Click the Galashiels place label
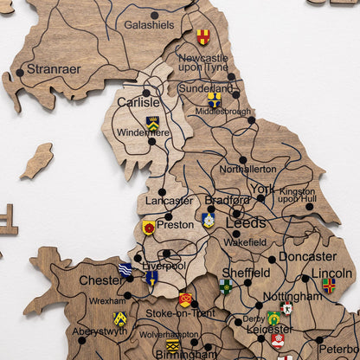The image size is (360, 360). [149, 25]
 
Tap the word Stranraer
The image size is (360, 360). [55, 68]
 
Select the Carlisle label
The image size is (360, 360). [138, 102]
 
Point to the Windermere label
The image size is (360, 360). [143, 132]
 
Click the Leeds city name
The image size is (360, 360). [246, 222]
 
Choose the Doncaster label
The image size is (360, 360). [307, 256]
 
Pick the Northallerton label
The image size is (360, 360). [247, 170]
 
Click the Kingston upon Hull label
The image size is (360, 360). [297, 195]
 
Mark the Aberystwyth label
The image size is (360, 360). [100, 331]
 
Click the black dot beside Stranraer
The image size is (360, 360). [20, 73]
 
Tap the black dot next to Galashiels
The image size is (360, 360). [155, 15]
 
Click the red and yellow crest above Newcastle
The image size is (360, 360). [202, 36]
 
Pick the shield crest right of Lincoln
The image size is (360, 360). [328, 285]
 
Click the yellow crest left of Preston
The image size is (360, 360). [149, 227]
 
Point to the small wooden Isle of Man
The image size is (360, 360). [36, 161]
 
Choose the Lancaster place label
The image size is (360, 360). [169, 201]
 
